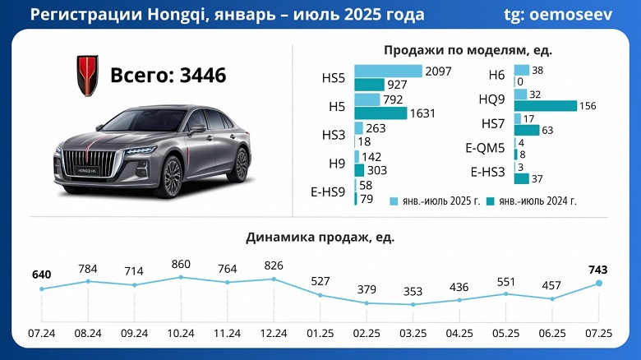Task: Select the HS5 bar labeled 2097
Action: click(x=388, y=72)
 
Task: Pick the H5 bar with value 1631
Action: click(x=380, y=113)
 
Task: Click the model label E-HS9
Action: click(x=326, y=192)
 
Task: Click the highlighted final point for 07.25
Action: click(x=598, y=283)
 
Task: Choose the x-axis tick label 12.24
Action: click(x=274, y=334)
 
